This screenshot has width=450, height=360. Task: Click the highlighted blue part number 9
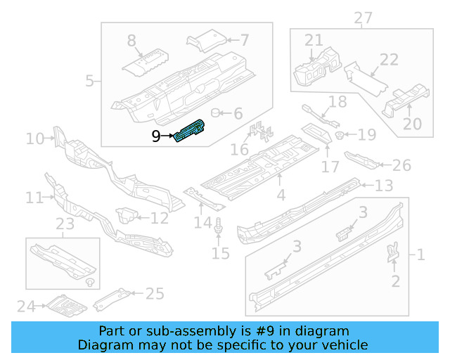[190, 131]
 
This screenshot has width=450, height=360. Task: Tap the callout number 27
[363, 17]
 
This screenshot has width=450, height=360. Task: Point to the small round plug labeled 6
[217, 112]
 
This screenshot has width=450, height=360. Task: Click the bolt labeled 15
[220, 228]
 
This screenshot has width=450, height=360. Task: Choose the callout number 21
[314, 40]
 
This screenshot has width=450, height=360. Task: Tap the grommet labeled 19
[340, 135]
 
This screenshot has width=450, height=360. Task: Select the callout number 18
[337, 102]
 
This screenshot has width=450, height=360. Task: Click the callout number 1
[420, 255]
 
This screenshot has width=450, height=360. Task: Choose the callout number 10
[34, 139]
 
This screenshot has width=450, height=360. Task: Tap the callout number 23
[65, 225]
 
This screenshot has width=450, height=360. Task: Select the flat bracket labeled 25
[112, 300]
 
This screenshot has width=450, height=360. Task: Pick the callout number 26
[401, 165]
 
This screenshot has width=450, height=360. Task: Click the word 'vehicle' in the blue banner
[345, 345]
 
